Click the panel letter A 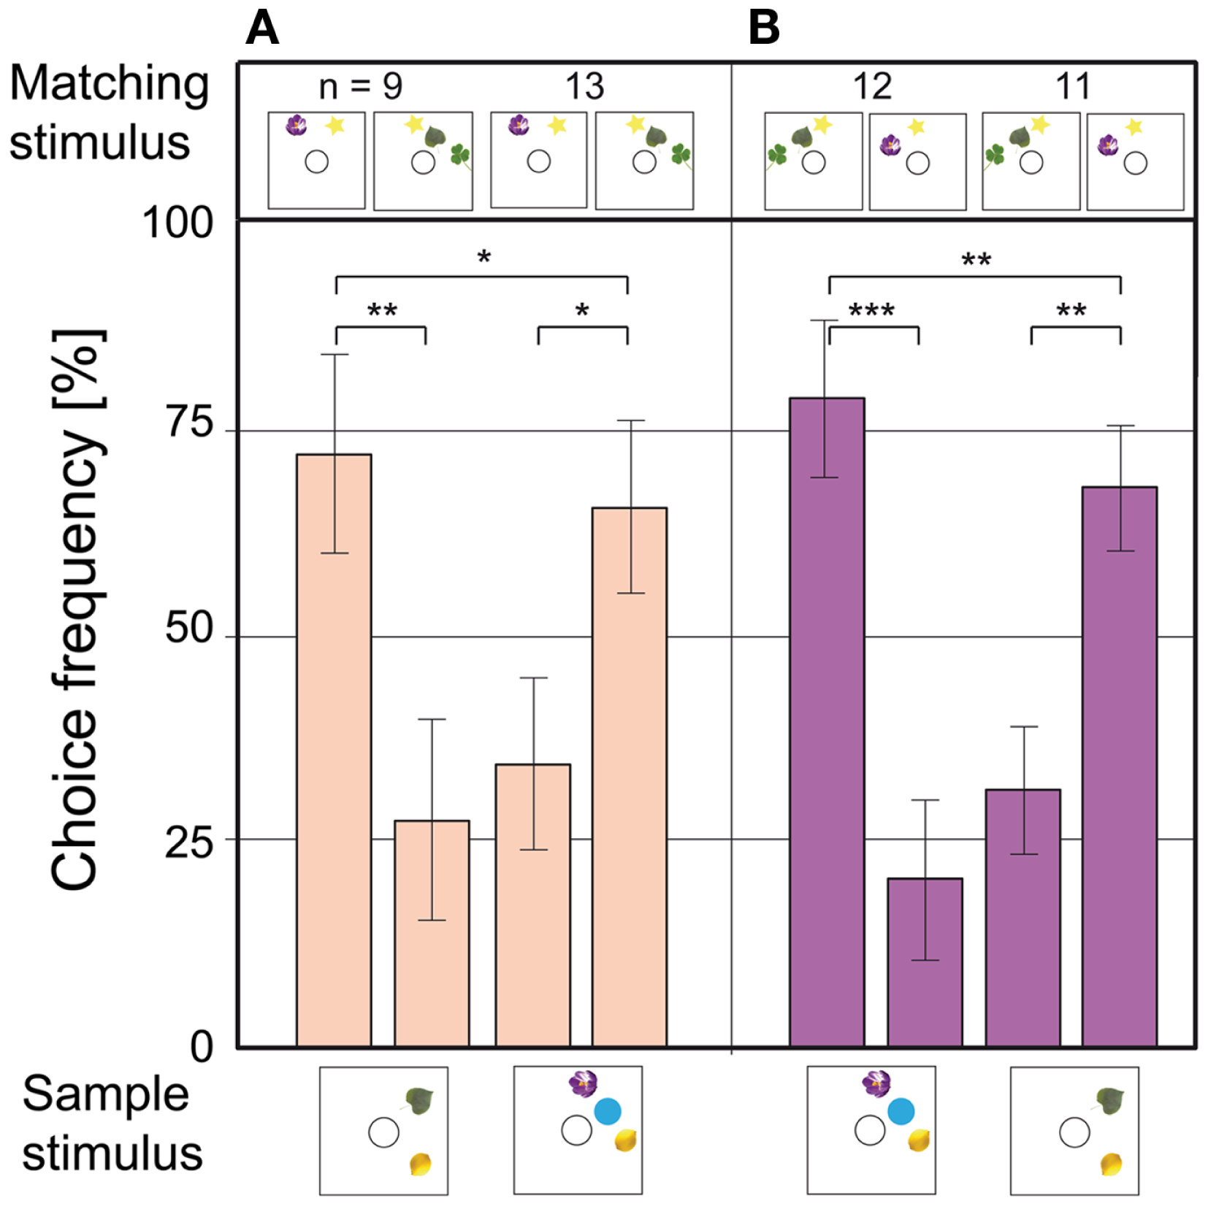pyautogui.click(x=262, y=28)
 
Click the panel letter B pyautogui.click(x=764, y=28)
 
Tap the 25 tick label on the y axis pyautogui.click(x=188, y=843)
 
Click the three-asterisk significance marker pyautogui.click(x=871, y=312)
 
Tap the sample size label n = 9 pyautogui.click(x=361, y=87)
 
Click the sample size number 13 pyautogui.click(x=584, y=87)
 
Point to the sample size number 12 pyautogui.click(x=872, y=87)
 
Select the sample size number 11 pyautogui.click(x=1072, y=87)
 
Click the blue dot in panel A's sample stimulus pyautogui.click(x=607, y=1111)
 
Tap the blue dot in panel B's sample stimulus pyautogui.click(x=901, y=1111)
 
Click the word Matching pyautogui.click(x=110, y=85)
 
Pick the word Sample pyautogui.click(x=105, y=1094)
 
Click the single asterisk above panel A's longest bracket pyautogui.click(x=483, y=258)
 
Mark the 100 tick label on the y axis pyautogui.click(x=177, y=223)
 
